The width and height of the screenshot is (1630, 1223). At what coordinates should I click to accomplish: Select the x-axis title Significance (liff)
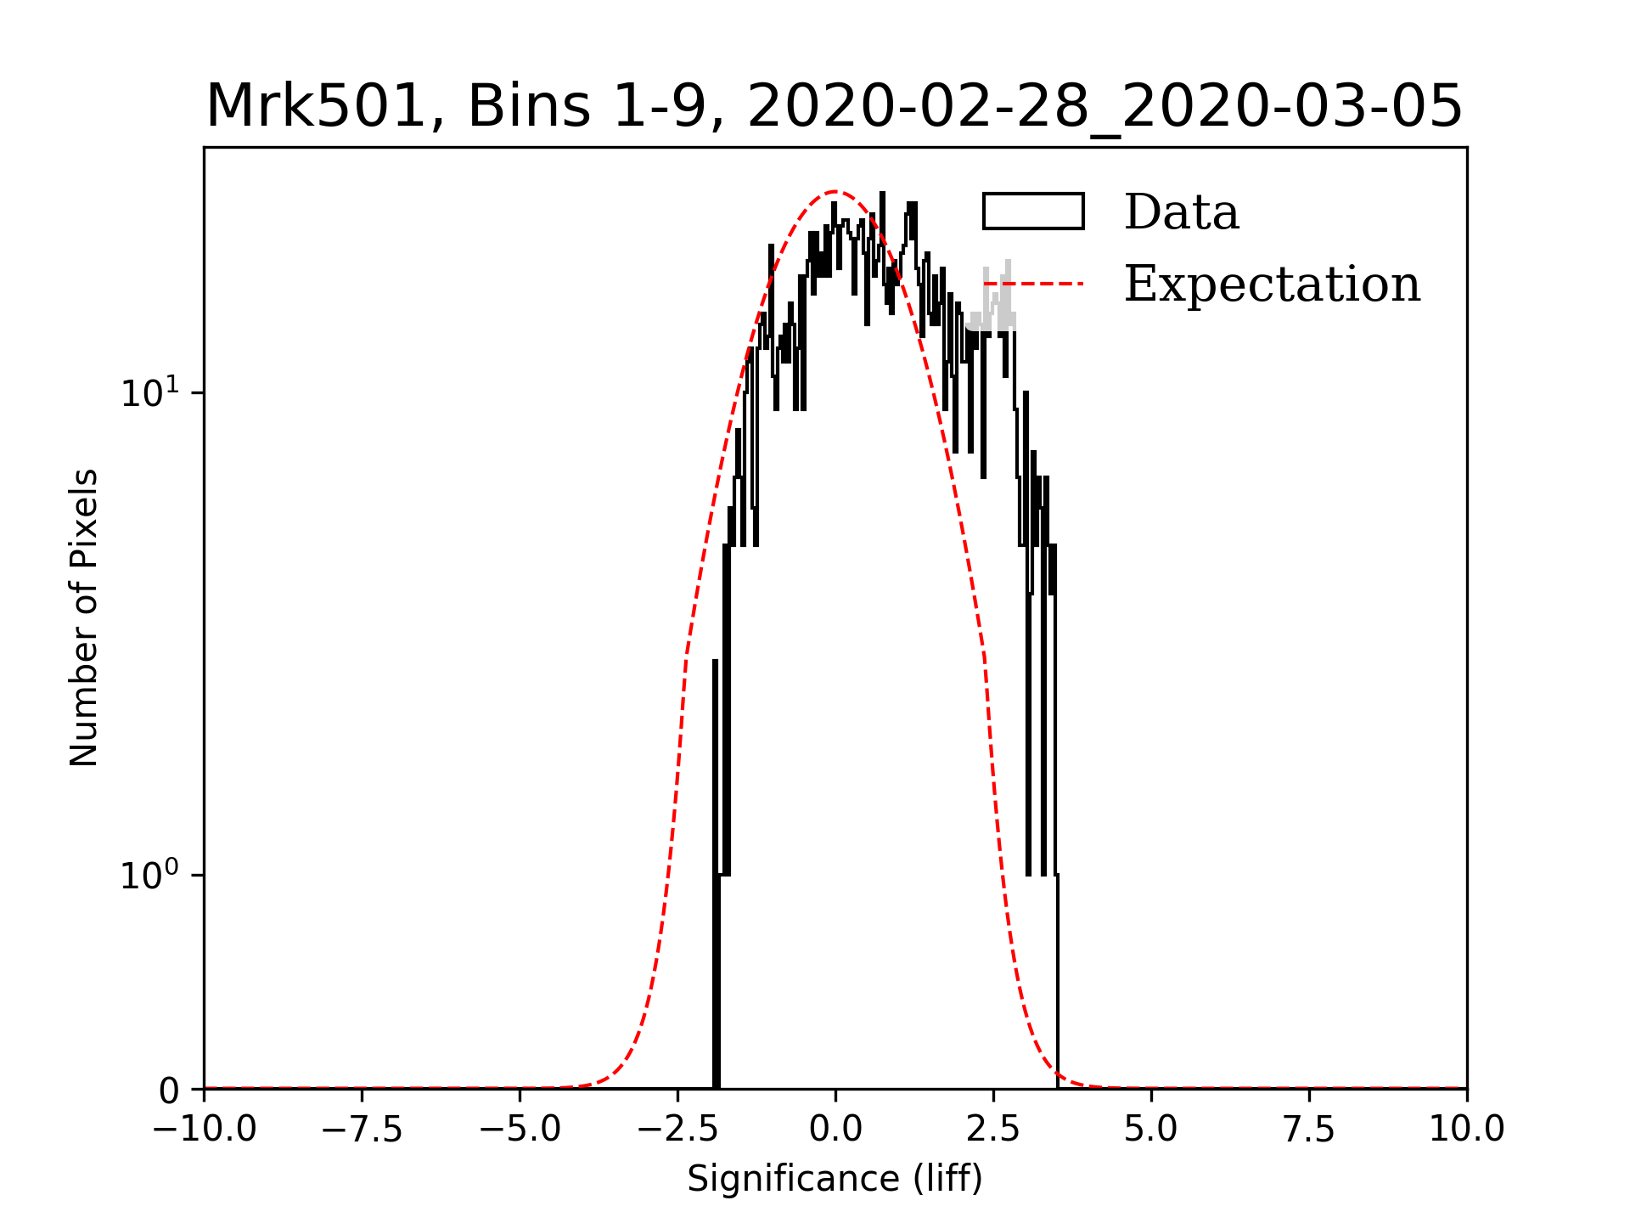click(835, 1179)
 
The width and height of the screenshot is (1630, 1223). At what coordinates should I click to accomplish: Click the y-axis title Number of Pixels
click(84, 617)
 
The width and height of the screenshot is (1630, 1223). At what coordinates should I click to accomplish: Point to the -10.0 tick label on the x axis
click(204, 1130)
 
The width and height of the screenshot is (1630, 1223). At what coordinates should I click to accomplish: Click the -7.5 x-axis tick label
click(363, 1130)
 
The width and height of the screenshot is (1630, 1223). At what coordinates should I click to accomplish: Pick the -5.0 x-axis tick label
click(520, 1130)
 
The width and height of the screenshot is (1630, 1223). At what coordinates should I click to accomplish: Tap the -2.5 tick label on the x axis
click(677, 1130)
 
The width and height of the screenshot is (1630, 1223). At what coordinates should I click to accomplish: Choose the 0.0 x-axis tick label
click(835, 1130)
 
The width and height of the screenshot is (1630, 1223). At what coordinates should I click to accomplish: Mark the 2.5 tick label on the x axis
click(993, 1130)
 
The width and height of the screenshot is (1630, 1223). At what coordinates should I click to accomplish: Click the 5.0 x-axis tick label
click(1151, 1130)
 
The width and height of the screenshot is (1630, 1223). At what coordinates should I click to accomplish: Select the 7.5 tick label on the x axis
click(1309, 1130)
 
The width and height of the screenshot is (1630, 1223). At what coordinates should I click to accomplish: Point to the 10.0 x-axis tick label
click(1466, 1130)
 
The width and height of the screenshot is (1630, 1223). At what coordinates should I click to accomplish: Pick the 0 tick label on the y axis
click(170, 1091)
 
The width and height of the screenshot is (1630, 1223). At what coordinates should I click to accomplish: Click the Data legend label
click(1181, 212)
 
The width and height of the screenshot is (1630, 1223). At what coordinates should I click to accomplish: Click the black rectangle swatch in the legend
click(1033, 211)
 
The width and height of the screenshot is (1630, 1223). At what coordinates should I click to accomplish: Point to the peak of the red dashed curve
click(835, 191)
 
